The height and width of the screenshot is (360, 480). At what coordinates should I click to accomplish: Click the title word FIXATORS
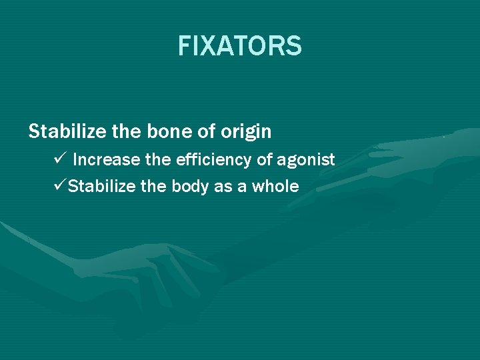[240, 47]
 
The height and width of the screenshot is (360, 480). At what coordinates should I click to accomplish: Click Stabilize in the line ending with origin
[66, 132]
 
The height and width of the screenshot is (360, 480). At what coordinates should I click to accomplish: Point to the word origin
[247, 132]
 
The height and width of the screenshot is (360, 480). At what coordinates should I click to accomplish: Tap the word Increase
[101, 160]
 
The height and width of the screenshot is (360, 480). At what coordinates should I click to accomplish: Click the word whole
[275, 186]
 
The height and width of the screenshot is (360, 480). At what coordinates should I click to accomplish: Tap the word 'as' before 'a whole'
[223, 187]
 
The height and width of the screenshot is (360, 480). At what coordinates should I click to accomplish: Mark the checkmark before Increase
[57, 159]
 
